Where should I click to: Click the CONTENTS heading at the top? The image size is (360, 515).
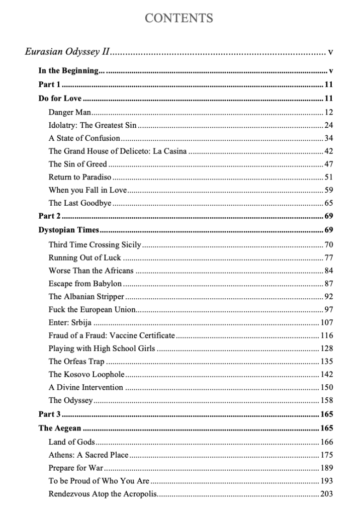pyautogui.click(x=179, y=19)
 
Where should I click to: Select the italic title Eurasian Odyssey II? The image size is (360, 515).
pyautogui.click(x=67, y=52)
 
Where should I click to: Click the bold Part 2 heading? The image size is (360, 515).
pyautogui.click(x=49, y=216)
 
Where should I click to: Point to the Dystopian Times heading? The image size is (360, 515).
pyautogui.click(x=68, y=230)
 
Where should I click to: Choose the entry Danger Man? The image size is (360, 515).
pyautogui.click(x=69, y=112)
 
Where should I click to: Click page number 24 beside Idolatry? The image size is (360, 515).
pyautogui.click(x=328, y=125)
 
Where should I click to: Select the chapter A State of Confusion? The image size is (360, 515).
pyautogui.click(x=84, y=138)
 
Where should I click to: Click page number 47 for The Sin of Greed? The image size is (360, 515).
pyautogui.click(x=328, y=164)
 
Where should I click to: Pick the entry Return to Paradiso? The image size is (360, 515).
pyautogui.click(x=80, y=177)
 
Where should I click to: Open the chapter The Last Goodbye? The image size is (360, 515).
pyautogui.click(x=80, y=203)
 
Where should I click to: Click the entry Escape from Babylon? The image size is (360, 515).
pyautogui.click(x=85, y=284)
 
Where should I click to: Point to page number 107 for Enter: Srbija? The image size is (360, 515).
pyautogui.click(x=326, y=322)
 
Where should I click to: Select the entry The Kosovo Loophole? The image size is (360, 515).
pyautogui.click(x=85, y=374)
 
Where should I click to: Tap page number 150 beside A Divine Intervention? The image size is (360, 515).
pyautogui.click(x=326, y=387)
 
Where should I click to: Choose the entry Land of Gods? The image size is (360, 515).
pyautogui.click(x=71, y=442)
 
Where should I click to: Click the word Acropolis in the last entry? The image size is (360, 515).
pyautogui.click(x=139, y=494)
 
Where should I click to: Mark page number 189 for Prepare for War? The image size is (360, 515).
pyautogui.click(x=326, y=468)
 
